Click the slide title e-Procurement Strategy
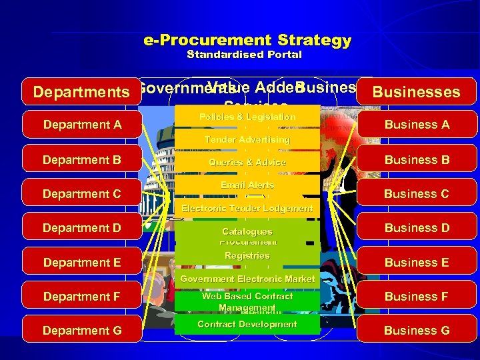point(247,40)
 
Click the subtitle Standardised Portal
point(244,55)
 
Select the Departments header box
point(82,92)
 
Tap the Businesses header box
point(417,92)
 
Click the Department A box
point(82,125)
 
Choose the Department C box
point(82,194)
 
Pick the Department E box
point(82,263)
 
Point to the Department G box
point(82,330)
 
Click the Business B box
point(417,159)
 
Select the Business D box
point(417,228)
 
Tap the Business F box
point(417,297)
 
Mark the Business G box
point(417,330)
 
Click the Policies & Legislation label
point(247,117)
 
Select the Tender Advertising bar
point(247,139)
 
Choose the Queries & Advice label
point(247,162)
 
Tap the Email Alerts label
point(247,185)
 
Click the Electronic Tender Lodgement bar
point(247,208)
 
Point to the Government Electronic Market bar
point(247,279)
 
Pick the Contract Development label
point(247,324)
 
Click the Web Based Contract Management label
point(247,301)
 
